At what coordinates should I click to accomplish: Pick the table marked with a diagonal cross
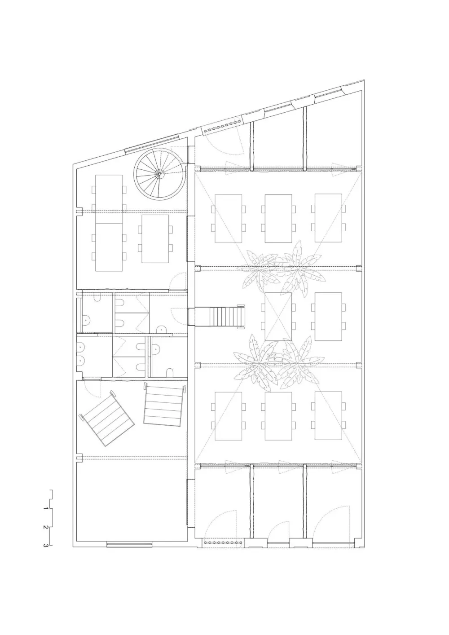pyautogui.click(x=278, y=316)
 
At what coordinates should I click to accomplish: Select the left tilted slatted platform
pyautogui.click(x=107, y=418)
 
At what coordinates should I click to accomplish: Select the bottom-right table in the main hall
pyautogui.click(x=328, y=416)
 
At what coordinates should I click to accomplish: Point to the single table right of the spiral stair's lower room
pyautogui.click(x=155, y=238)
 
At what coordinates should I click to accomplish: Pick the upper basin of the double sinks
pyautogui.click(x=82, y=347)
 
